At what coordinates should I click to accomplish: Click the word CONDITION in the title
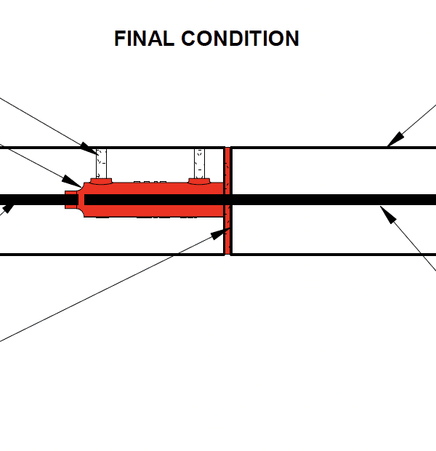[239, 39]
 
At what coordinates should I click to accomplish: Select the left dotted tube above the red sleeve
[102, 162]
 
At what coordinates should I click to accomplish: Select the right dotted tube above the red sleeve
[199, 162]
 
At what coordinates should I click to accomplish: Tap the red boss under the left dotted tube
[101, 179]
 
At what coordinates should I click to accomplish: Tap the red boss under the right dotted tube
[199, 179]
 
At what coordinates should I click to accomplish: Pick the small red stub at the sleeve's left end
[70, 199]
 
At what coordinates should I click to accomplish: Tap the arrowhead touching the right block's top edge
[394, 139]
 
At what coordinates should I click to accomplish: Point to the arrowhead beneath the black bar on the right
[388, 215]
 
